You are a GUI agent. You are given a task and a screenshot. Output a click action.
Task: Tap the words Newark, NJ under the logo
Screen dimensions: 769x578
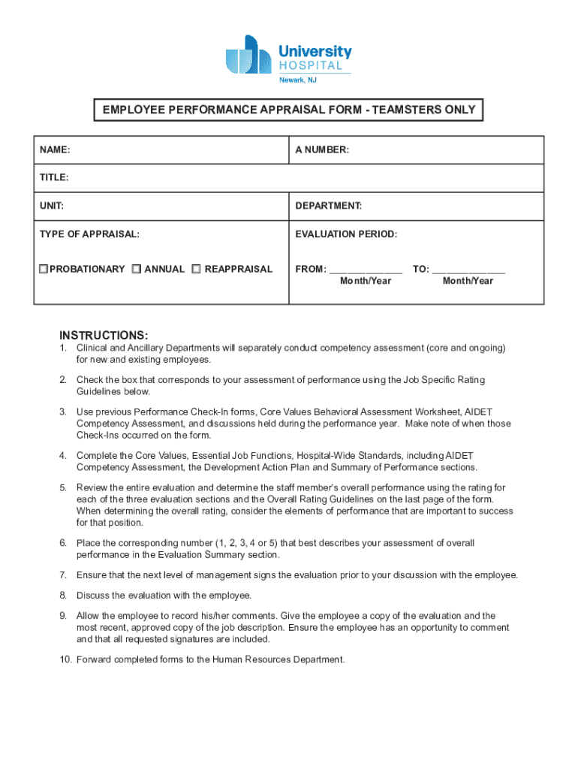click(298, 80)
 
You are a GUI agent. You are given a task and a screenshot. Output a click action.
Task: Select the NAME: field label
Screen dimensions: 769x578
click(56, 150)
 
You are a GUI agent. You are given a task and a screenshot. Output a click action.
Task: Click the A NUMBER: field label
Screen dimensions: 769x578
click(322, 150)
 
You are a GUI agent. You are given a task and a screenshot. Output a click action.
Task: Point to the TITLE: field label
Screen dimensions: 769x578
click(54, 178)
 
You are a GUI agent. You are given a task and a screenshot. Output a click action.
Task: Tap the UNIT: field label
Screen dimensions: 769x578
click(52, 206)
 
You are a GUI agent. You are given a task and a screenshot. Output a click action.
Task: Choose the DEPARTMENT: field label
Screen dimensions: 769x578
click(329, 206)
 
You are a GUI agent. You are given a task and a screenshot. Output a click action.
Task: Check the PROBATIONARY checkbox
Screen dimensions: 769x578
click(44, 269)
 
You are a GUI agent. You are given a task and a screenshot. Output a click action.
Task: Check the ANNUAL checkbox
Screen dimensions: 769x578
click(136, 269)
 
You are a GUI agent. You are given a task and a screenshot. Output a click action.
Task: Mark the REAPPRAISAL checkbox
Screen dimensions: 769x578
click(196, 269)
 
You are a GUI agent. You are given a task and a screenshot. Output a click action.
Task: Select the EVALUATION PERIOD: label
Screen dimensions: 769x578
click(346, 234)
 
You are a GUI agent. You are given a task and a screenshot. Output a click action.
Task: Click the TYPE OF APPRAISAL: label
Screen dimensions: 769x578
click(89, 234)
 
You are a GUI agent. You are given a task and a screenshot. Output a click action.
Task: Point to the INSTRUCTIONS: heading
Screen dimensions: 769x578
click(104, 335)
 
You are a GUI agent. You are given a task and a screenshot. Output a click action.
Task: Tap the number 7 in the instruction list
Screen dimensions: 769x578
click(63, 575)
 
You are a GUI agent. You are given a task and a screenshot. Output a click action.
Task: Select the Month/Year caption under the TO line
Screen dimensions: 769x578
click(468, 281)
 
